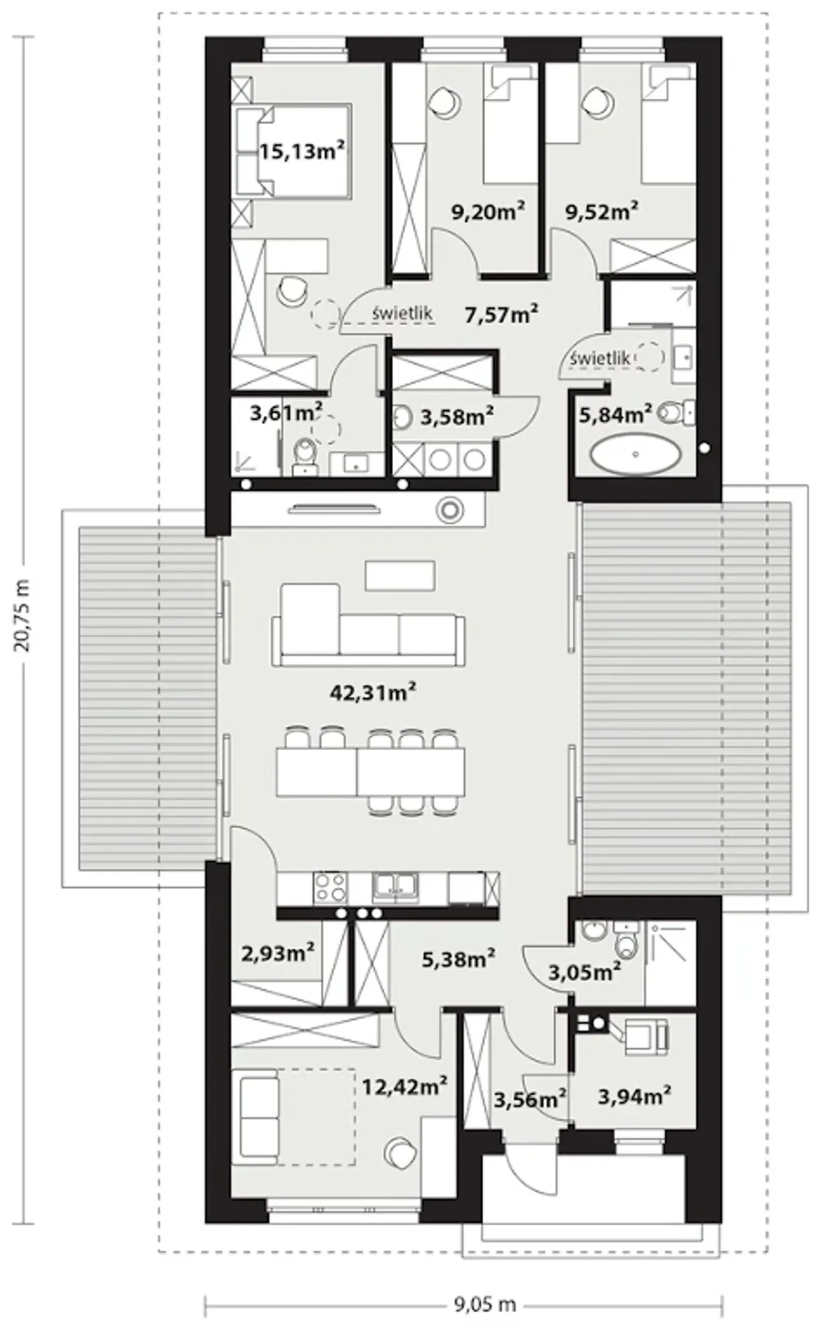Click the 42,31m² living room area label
click(372, 693)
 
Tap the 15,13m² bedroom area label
click(302, 151)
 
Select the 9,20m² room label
click(487, 212)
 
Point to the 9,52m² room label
click(602, 212)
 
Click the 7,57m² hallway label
click(502, 314)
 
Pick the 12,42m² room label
click(405, 1086)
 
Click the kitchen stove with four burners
click(330, 888)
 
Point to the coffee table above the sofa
click(400, 575)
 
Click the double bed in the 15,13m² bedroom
click(294, 151)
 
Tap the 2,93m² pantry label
click(277, 952)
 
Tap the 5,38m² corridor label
click(458, 959)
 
